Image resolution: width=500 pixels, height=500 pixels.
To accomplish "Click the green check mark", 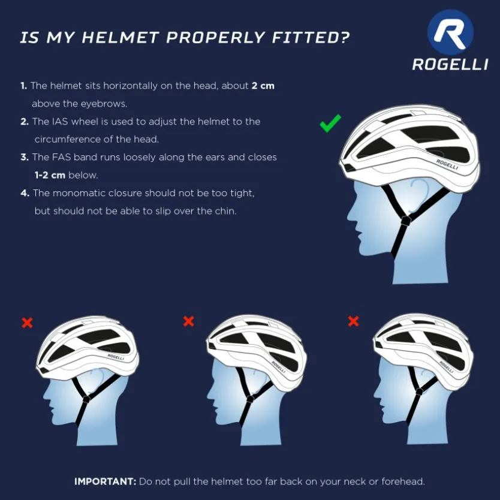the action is pyautogui.click(x=330, y=124).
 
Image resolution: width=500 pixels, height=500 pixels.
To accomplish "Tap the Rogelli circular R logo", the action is pyautogui.click(x=450, y=32).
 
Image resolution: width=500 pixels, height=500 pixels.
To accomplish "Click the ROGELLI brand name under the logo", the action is pyautogui.click(x=450, y=64).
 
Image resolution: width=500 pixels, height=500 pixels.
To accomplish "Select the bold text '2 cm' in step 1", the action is pyautogui.click(x=263, y=86).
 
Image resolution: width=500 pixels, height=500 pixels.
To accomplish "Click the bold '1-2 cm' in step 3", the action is pyautogui.click(x=50, y=175).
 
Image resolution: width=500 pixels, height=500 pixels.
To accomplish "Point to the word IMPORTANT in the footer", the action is pyautogui.click(x=106, y=481).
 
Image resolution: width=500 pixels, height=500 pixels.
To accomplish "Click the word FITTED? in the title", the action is pyautogui.click(x=311, y=37).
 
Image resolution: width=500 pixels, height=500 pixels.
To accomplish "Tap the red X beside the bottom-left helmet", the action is pyautogui.click(x=27, y=323).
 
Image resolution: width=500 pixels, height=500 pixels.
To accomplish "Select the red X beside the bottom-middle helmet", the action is pyautogui.click(x=188, y=321).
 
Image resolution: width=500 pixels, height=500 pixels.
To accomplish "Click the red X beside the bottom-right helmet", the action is pyautogui.click(x=353, y=321).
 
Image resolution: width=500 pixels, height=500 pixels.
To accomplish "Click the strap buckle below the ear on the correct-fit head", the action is pyautogui.click(x=406, y=221).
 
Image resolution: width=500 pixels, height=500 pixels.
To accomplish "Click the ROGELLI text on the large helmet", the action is pyautogui.click(x=447, y=164).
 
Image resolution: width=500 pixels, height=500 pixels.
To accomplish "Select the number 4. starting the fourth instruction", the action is pyautogui.click(x=25, y=193).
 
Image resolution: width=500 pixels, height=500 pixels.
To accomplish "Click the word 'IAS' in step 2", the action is pyautogui.click(x=59, y=122).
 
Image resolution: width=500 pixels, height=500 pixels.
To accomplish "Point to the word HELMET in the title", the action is pyautogui.click(x=121, y=37).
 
